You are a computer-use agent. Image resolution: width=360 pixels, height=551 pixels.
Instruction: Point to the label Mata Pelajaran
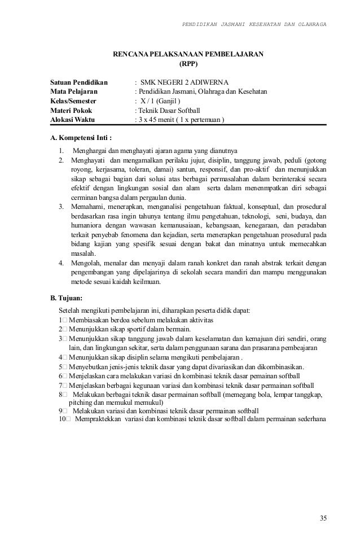74,92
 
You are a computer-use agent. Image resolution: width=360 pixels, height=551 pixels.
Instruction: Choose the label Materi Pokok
72,111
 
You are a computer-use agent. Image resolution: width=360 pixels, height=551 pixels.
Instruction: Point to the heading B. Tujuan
67,297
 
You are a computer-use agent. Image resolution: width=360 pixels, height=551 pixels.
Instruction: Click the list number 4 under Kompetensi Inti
61,262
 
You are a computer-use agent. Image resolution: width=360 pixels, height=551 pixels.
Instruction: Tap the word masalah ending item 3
84,252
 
